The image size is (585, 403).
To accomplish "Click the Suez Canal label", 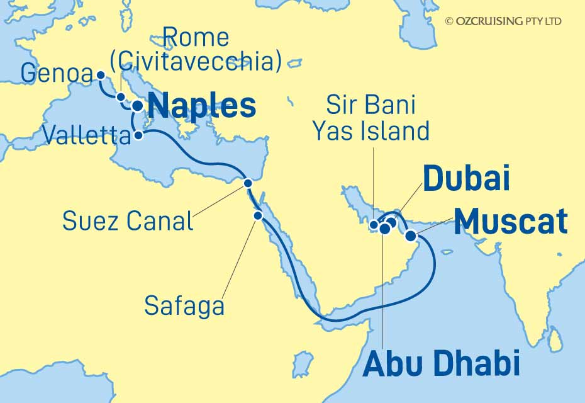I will tap(128, 220).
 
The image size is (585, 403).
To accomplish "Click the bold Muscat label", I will tap(511, 222).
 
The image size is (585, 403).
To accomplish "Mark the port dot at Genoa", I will tap(101, 75).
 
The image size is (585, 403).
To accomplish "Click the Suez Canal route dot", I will tap(248, 183).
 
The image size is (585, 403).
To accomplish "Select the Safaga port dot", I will tap(258, 215).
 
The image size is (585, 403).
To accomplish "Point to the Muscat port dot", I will tap(410, 236).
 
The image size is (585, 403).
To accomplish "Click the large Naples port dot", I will tap(136, 105).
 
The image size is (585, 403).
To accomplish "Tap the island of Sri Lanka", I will tap(554, 341).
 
